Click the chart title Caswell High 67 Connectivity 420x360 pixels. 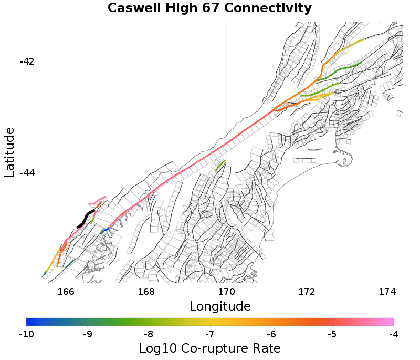209,8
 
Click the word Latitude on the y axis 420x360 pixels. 9,151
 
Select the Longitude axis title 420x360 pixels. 220,306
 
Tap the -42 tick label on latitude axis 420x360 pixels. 27,61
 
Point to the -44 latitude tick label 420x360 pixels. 27,172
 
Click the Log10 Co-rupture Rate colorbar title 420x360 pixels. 209,348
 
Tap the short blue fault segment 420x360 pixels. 106,229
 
